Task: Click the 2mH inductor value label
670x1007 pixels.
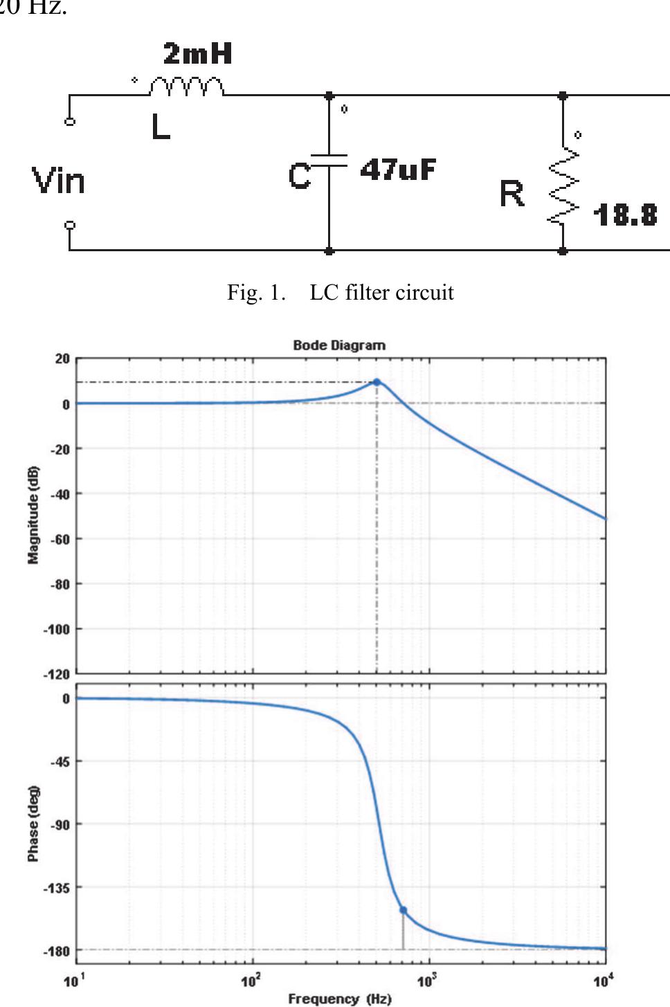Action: [x=197, y=54]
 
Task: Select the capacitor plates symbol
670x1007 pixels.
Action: [x=329, y=161]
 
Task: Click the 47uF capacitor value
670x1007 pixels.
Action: [x=398, y=170]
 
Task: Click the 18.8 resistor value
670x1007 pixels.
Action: [x=624, y=215]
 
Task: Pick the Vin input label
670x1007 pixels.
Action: [x=59, y=181]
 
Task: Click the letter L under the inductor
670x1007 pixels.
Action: [x=161, y=127]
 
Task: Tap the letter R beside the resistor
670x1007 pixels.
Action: [x=512, y=194]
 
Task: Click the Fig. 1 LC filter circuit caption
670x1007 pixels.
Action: [x=341, y=293]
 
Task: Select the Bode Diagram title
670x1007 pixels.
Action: [x=339, y=345]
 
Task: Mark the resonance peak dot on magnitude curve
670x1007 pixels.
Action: [x=377, y=382]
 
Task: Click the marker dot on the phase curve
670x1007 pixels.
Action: [x=404, y=910]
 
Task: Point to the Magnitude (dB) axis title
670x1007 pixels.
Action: [x=33, y=515]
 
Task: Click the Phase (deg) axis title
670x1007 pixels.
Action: [x=33, y=824]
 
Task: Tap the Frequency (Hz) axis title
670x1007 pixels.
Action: [x=339, y=999]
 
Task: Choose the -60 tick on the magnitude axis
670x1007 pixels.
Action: [x=62, y=539]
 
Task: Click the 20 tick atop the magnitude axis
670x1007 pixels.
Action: [x=63, y=359]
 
